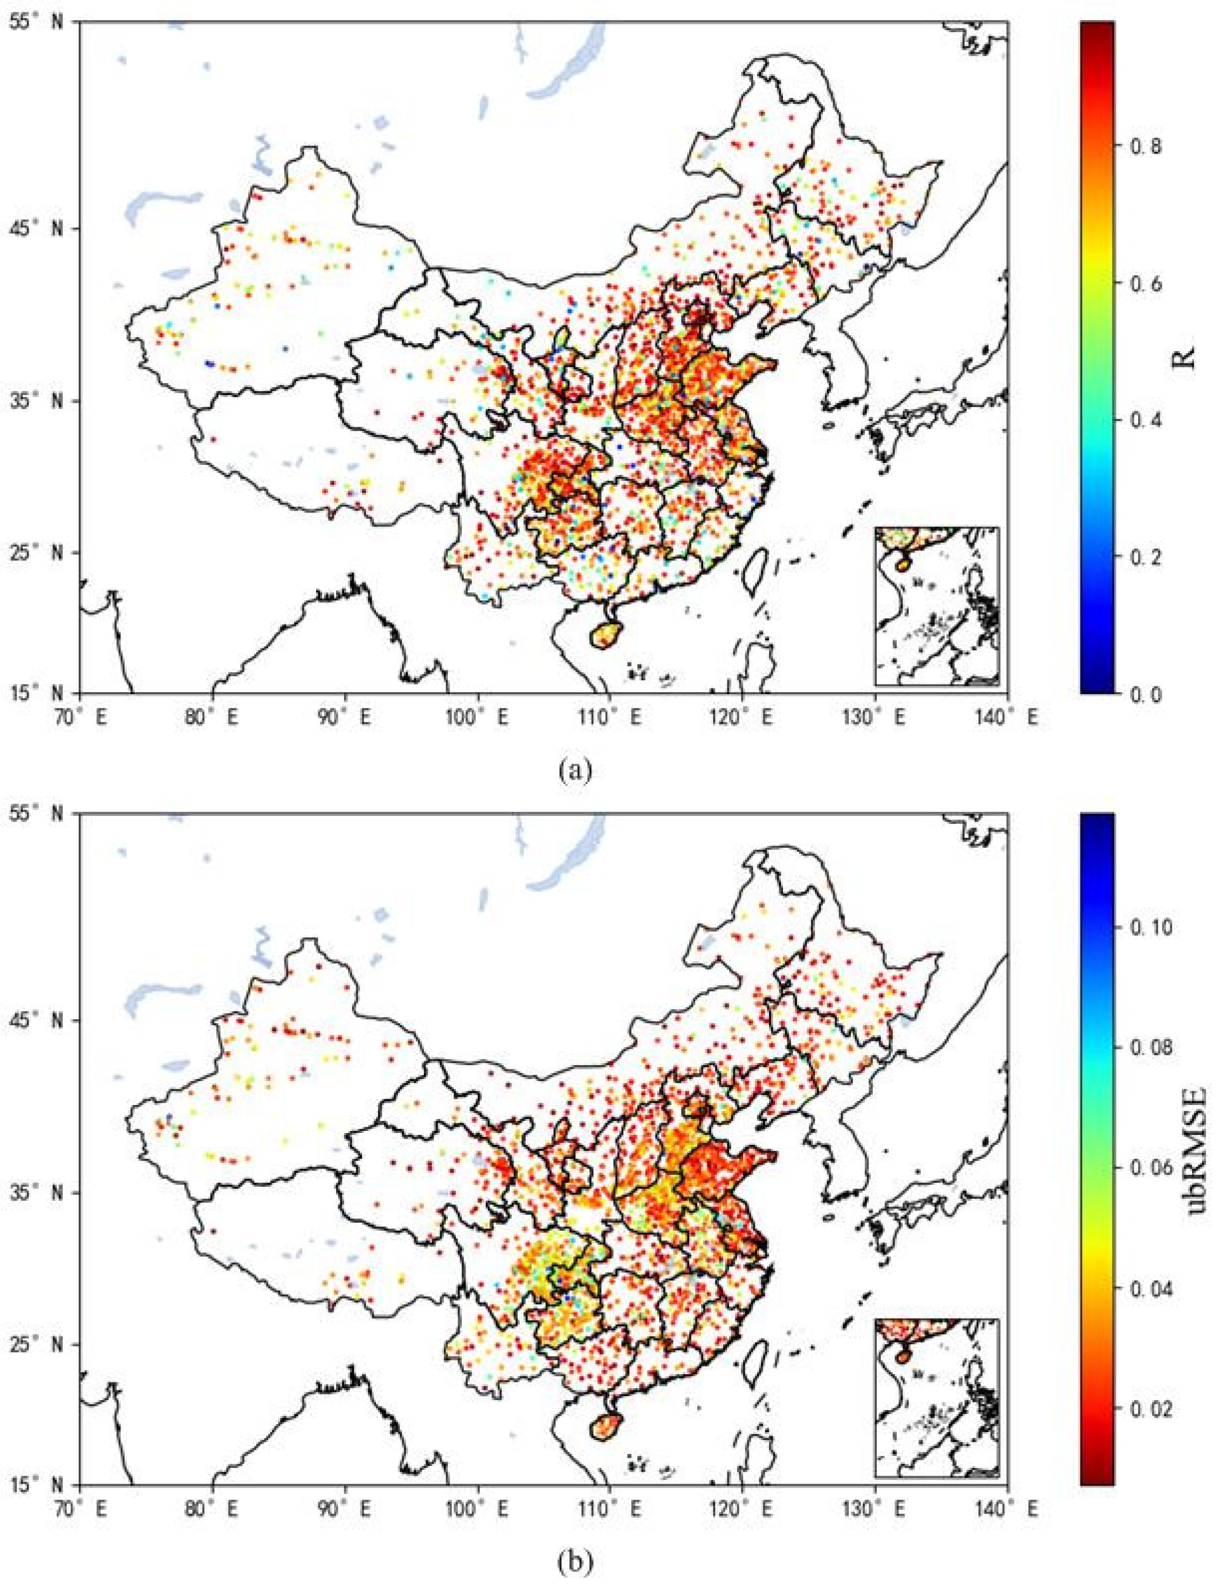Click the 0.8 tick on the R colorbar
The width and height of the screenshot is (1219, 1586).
(1147, 146)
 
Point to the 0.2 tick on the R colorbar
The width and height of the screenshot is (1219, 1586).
(1147, 557)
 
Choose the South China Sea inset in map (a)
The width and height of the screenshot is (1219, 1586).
(937, 605)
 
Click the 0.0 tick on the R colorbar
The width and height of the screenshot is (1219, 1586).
(1147, 694)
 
